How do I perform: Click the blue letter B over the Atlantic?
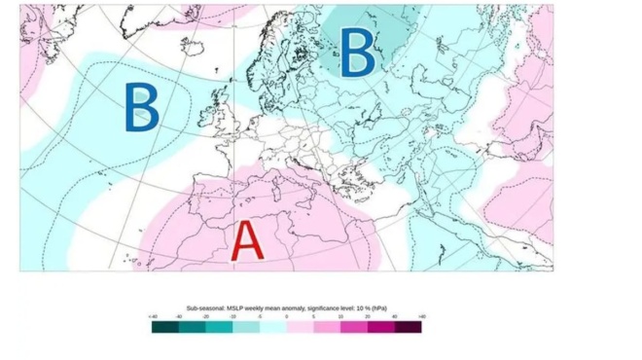point(141,107)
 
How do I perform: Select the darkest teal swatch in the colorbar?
point(164,327)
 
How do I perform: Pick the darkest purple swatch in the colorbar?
point(409,327)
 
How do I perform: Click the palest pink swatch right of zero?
point(300,327)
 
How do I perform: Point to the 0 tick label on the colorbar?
point(287,317)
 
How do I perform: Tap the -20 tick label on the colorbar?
point(204,317)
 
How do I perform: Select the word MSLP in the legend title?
point(236,306)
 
